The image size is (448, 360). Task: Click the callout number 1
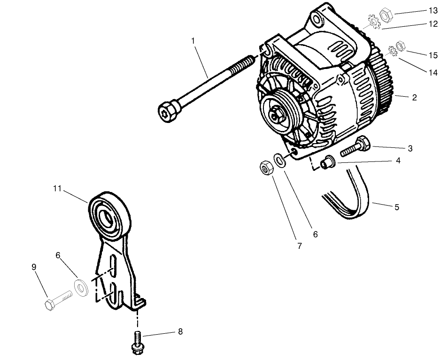click(193, 41)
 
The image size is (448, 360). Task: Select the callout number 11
click(57, 189)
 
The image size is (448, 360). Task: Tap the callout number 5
click(397, 207)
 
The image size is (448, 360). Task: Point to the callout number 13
click(433, 10)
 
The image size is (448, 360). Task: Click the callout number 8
click(180, 332)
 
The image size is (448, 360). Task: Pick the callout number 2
click(414, 98)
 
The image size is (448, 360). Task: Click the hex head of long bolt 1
click(167, 112)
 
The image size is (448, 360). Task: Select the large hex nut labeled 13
click(386, 15)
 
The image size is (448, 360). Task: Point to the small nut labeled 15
click(400, 46)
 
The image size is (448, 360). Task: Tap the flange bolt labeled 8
click(137, 342)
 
